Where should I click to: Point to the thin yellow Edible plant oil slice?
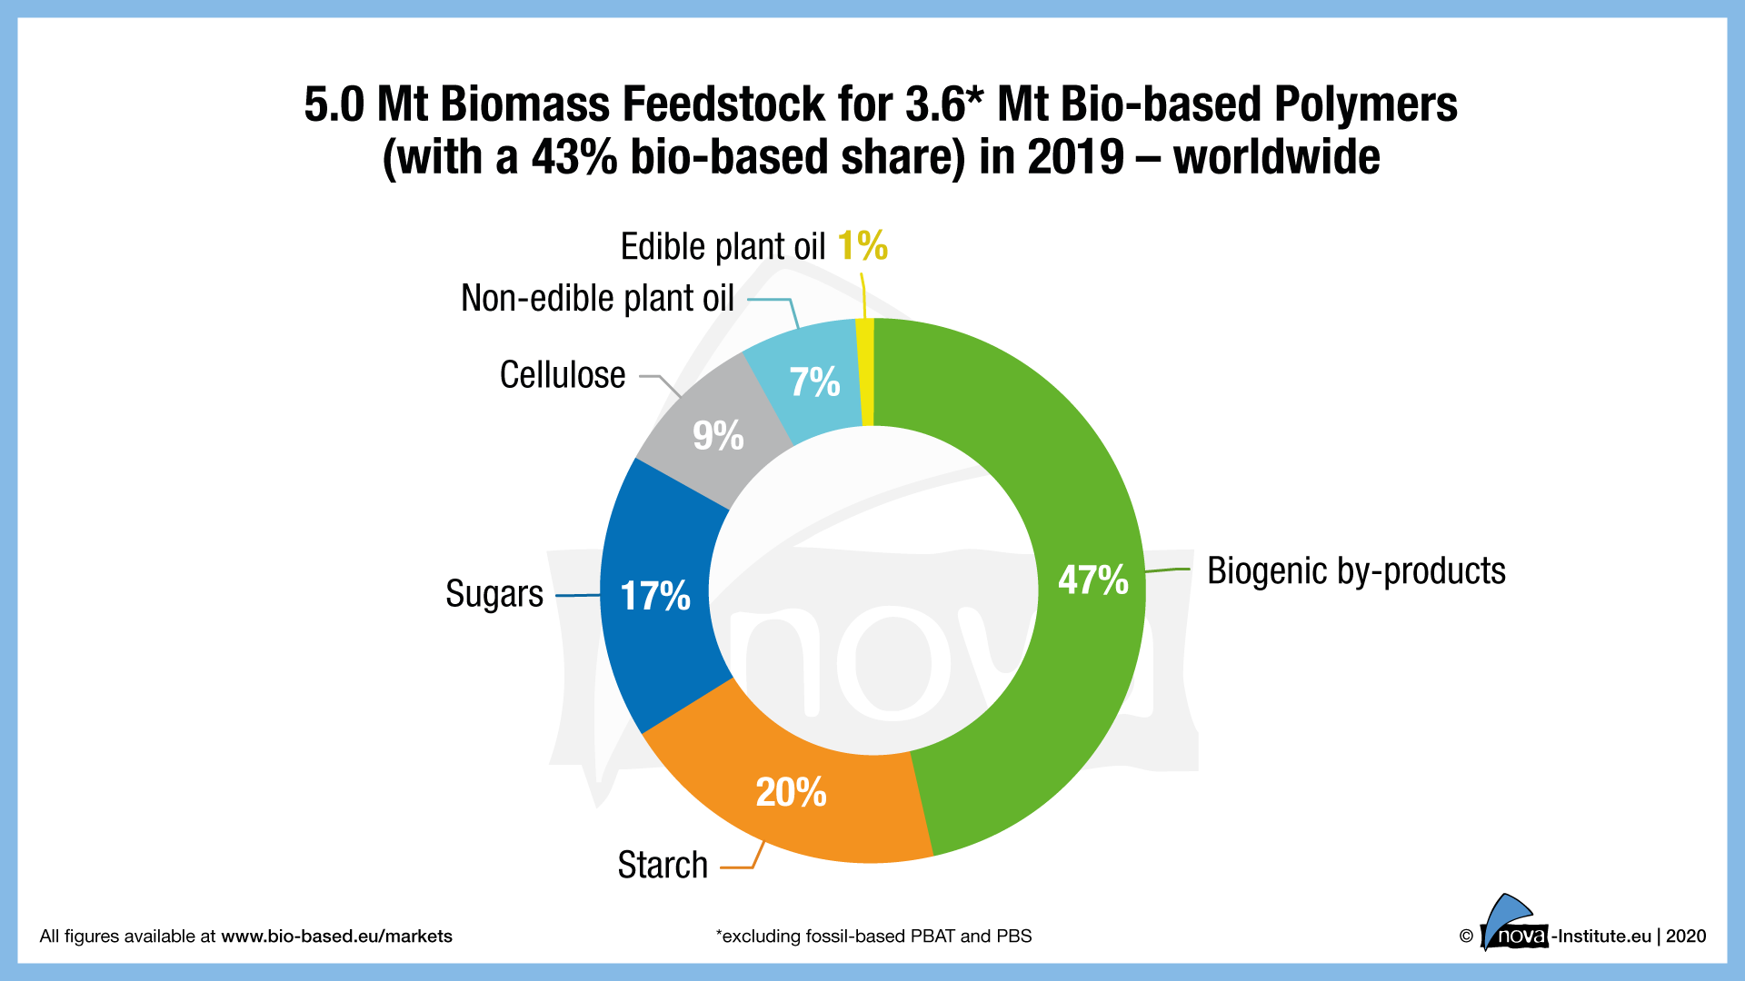click(866, 372)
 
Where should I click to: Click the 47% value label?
click(1093, 580)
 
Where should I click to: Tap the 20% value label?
click(792, 792)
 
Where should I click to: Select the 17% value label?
click(655, 597)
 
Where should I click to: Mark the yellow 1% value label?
click(863, 246)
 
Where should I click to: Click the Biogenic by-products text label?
click(1356, 571)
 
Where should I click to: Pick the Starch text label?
click(663, 865)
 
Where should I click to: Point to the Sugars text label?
click(494, 594)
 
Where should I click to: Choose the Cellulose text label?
click(563, 375)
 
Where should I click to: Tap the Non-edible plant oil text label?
click(597, 298)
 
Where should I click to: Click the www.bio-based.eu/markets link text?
click(336, 936)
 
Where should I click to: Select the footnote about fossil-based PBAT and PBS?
click(873, 936)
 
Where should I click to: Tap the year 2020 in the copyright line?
click(1686, 936)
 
